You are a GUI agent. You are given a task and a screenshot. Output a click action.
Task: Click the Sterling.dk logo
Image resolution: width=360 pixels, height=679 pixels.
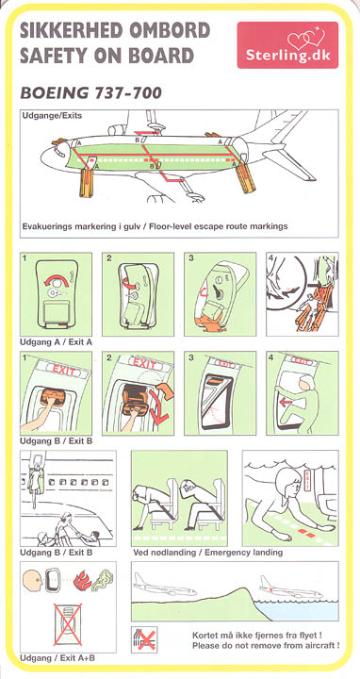(x=287, y=45)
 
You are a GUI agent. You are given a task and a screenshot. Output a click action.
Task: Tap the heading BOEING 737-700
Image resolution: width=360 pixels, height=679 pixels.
(x=90, y=92)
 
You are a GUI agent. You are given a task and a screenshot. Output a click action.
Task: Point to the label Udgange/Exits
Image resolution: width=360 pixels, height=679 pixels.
(x=52, y=116)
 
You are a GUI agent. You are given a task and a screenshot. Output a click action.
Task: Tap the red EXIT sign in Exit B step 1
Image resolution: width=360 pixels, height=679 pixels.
(x=66, y=371)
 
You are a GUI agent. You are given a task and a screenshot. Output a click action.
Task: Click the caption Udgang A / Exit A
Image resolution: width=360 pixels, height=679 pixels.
(x=56, y=342)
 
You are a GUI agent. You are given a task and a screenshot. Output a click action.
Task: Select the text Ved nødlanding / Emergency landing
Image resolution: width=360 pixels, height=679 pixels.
(x=208, y=553)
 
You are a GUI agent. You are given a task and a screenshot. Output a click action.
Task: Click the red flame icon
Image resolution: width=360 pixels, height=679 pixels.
(x=82, y=581)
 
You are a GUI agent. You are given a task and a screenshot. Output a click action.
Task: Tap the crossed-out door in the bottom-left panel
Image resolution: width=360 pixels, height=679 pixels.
(x=68, y=624)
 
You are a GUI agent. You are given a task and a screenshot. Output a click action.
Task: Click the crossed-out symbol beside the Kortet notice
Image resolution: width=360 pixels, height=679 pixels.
(x=144, y=639)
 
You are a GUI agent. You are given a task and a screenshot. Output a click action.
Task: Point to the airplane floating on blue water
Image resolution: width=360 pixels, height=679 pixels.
(x=291, y=588)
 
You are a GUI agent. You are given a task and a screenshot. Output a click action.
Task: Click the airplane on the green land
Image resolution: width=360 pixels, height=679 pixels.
(x=165, y=586)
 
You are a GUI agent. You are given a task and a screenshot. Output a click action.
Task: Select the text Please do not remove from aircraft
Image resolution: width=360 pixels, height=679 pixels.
(x=266, y=646)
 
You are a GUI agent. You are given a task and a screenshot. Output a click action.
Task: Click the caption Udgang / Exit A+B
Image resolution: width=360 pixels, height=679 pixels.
(x=57, y=658)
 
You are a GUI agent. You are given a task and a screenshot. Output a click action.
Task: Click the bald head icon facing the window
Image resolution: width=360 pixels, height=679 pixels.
(x=32, y=583)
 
